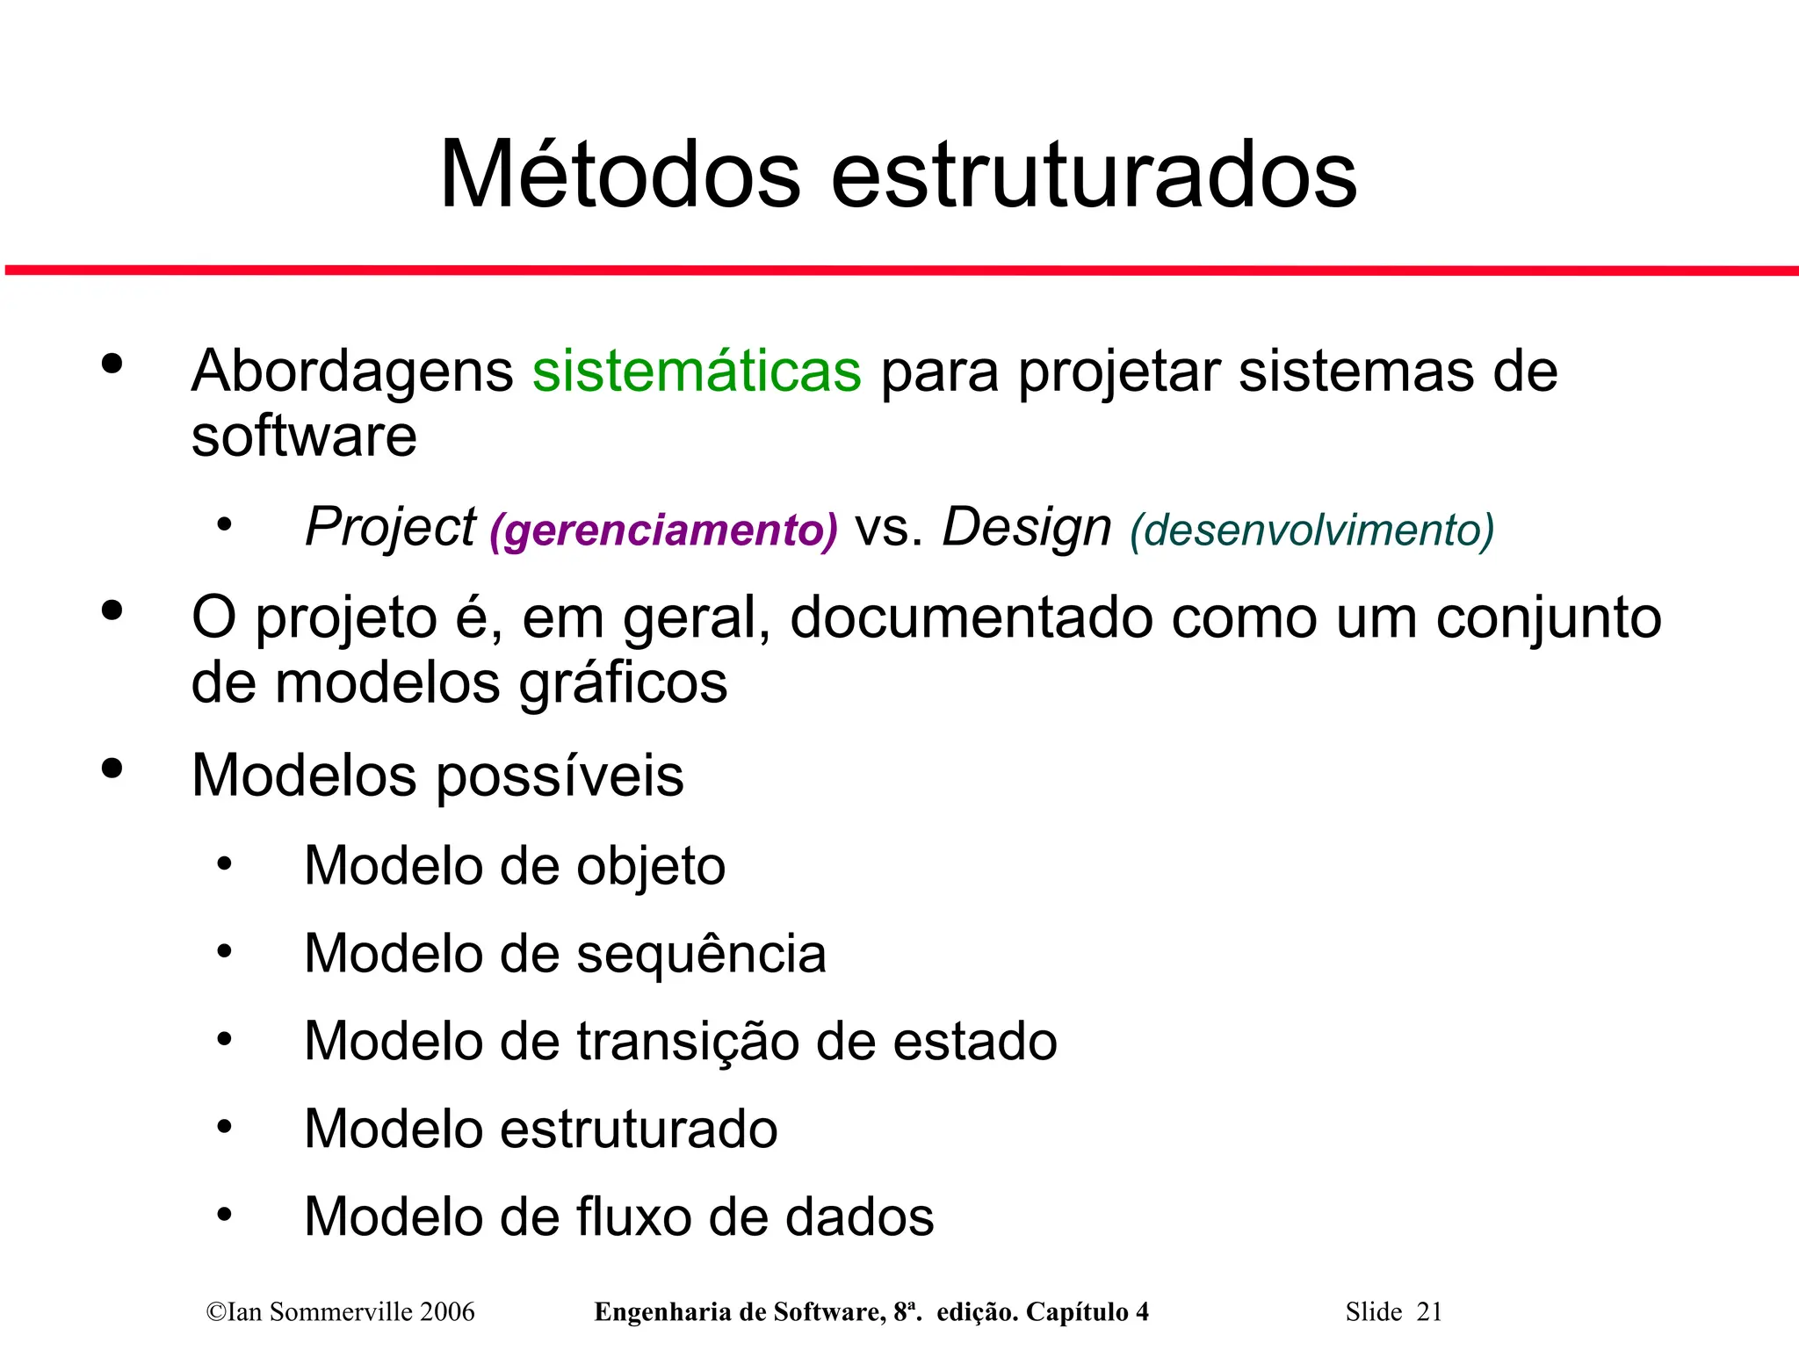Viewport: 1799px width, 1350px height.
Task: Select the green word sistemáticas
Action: pos(697,371)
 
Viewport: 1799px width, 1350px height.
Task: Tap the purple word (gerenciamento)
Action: pos(663,530)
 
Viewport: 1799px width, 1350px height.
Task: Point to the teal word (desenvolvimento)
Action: pos(1311,530)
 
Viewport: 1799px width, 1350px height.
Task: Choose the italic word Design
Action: pos(1027,527)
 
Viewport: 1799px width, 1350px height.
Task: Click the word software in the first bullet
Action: pos(304,437)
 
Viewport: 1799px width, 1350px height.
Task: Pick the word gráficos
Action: pos(623,683)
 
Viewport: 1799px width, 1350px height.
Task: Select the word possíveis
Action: pos(560,776)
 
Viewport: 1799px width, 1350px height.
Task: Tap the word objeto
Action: pos(651,866)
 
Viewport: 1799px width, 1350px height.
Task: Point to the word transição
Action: pos(688,1041)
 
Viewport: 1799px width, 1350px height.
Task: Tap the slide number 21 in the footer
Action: pos(1429,1311)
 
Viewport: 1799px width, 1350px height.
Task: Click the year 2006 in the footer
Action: pos(447,1311)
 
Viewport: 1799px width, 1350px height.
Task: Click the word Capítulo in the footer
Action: pos(1077,1311)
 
